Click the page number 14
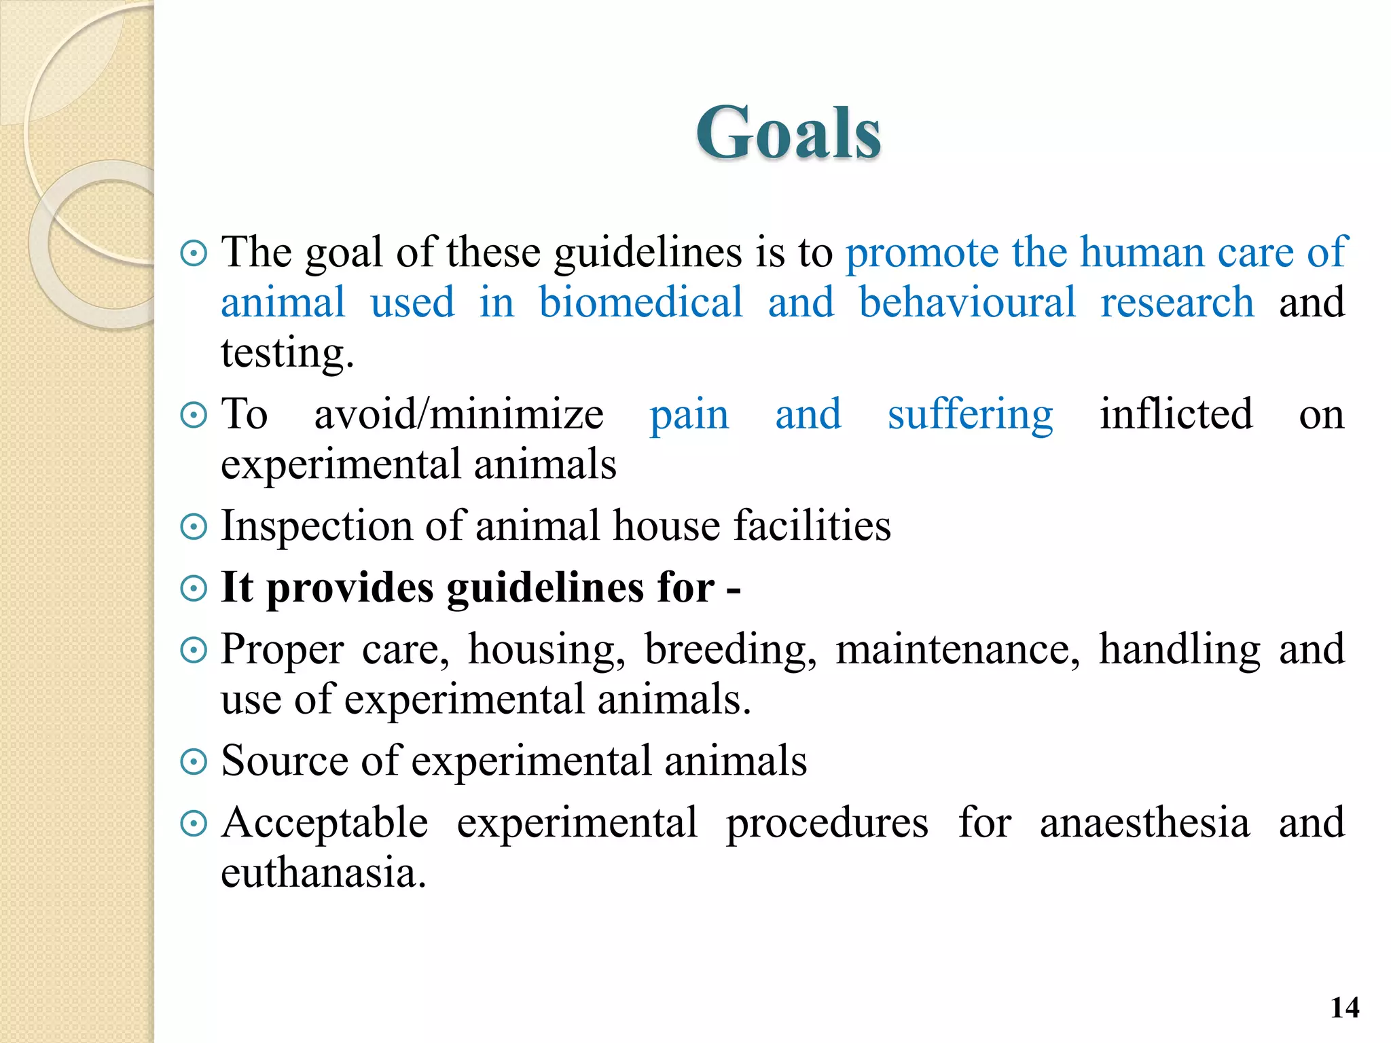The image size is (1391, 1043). tap(1345, 1007)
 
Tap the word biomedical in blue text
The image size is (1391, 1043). tap(640, 302)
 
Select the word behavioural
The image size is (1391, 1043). tap(967, 302)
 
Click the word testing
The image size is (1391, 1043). tap(287, 354)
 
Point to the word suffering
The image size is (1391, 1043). tap(970, 414)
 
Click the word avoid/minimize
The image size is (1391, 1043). tap(458, 414)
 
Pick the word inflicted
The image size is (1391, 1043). tap(1176, 414)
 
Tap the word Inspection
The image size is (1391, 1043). tap(317, 526)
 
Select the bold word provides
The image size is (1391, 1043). tap(349, 588)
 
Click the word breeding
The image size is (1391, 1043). tap(730, 650)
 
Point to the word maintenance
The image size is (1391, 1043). tap(957, 650)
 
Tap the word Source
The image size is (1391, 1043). tap(285, 761)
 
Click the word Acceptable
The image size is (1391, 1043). tap(325, 823)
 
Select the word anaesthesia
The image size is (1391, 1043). tap(1144, 823)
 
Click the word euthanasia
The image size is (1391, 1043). tap(323, 873)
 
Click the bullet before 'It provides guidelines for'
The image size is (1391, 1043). tap(194, 588)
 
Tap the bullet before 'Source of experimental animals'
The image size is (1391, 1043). tap(194, 761)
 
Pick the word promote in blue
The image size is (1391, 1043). tap(922, 253)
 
